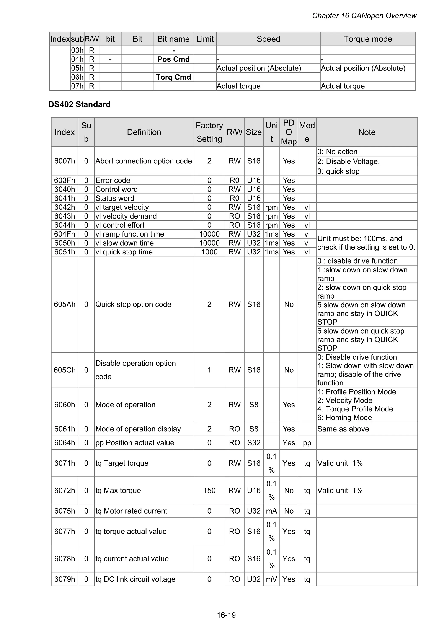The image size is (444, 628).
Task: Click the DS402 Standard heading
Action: point(79,104)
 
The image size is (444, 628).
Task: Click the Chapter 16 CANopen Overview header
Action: point(364,16)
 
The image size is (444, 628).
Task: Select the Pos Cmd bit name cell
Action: point(173,59)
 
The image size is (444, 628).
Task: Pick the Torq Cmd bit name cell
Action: point(173,77)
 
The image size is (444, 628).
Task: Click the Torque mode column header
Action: point(368,39)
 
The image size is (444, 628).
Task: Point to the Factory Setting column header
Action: point(209,132)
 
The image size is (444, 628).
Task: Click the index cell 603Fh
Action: point(65,180)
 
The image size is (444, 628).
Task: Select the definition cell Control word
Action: point(117,189)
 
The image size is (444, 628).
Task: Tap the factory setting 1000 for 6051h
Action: point(209,252)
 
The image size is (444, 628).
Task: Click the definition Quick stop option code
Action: point(133,304)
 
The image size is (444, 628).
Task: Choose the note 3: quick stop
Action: point(338,171)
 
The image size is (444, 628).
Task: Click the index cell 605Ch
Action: point(65,370)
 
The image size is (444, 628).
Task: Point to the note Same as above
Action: point(343,429)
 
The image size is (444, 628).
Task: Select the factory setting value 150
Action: point(209,490)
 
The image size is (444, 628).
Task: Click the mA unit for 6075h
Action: point(271,511)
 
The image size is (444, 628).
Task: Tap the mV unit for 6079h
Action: point(271,579)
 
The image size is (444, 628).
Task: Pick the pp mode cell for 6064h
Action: point(307,443)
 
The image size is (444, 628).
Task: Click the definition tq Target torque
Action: point(122,463)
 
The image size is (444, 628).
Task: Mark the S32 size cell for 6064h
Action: point(254,443)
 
